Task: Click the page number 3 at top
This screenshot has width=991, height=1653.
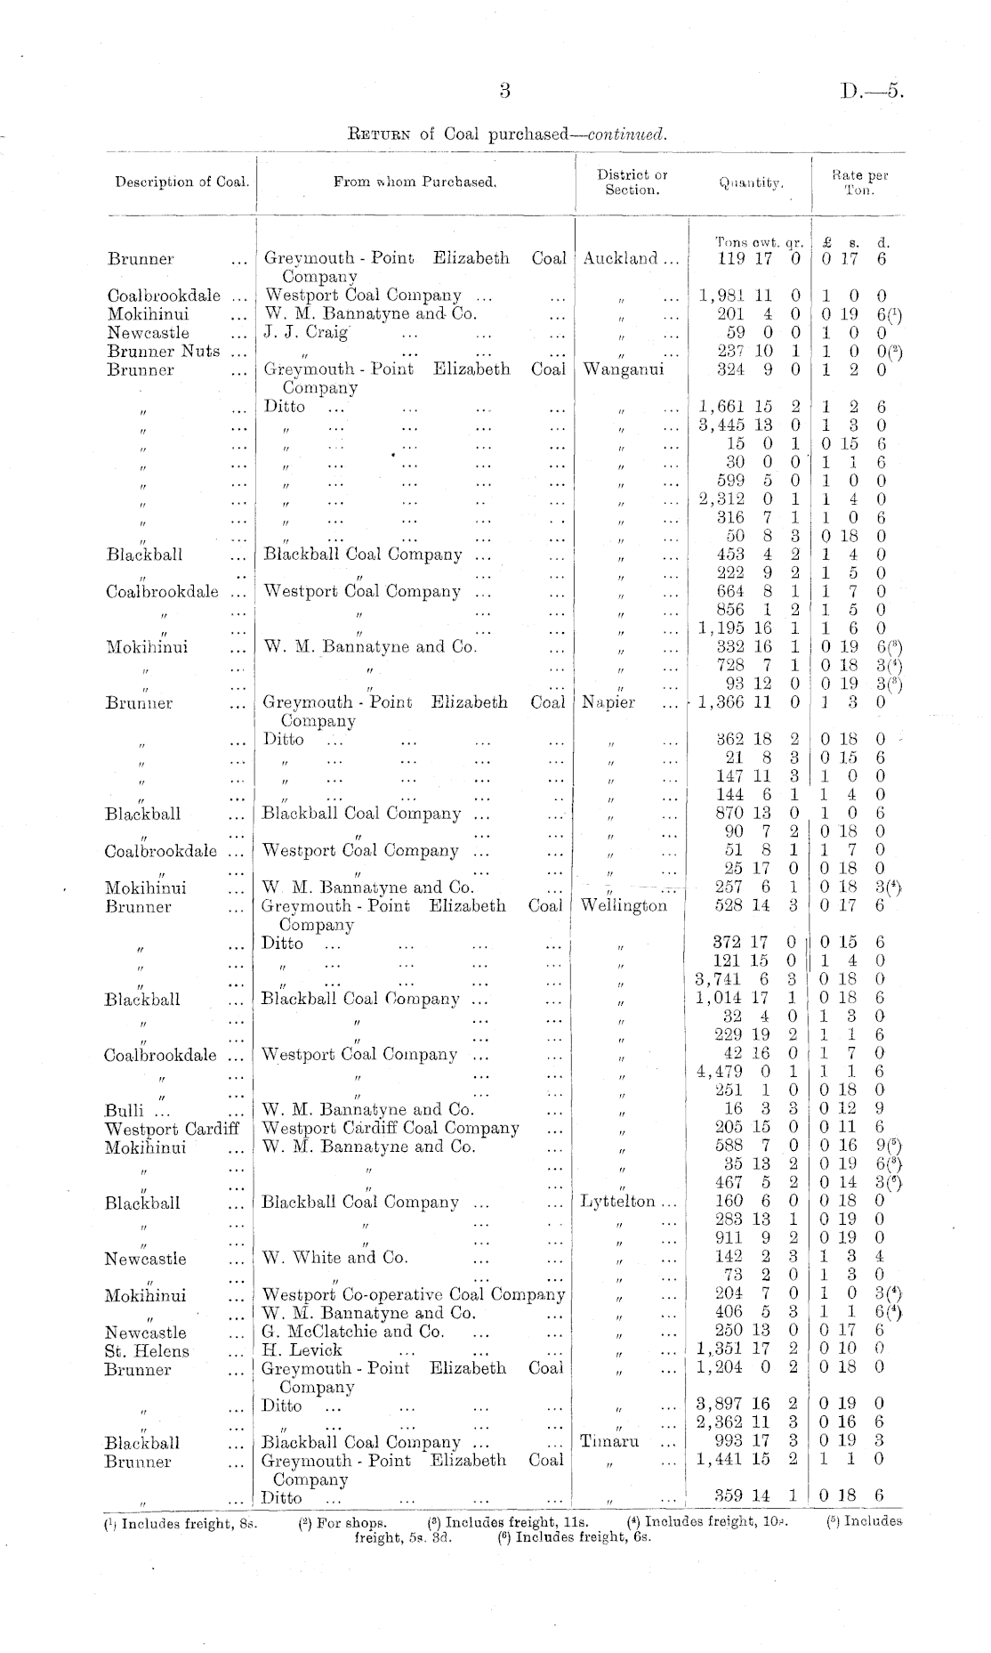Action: tap(504, 90)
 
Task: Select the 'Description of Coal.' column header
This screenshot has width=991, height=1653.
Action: tap(181, 182)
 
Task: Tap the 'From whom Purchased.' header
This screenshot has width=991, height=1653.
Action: tap(415, 182)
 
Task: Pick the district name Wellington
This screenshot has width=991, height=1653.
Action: tap(623, 906)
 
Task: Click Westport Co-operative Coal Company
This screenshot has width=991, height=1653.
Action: tap(413, 1294)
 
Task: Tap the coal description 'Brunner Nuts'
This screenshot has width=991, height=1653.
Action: tap(163, 352)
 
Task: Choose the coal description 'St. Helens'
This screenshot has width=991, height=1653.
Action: tap(147, 1350)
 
